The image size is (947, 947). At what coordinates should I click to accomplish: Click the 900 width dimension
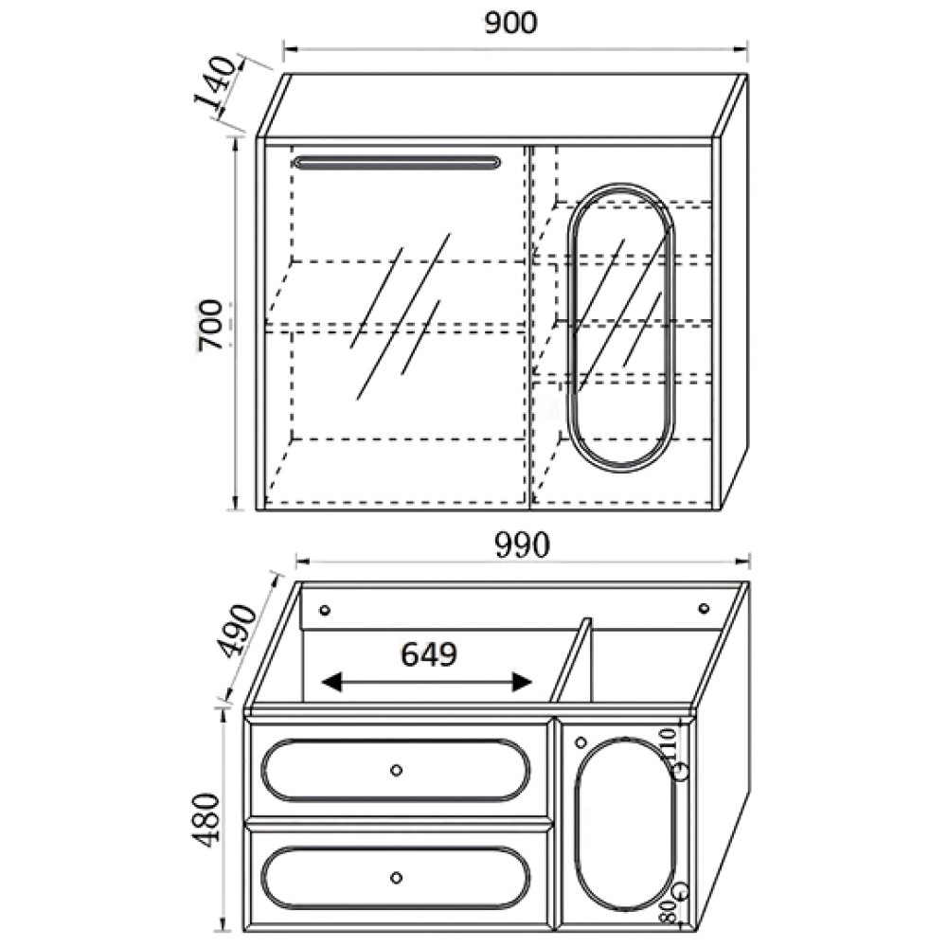(510, 23)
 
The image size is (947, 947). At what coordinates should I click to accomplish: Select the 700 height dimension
(211, 325)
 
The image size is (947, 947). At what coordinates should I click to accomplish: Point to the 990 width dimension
(523, 545)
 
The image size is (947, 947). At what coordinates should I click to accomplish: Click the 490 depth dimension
(241, 631)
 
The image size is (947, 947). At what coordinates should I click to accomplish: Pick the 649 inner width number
(429, 654)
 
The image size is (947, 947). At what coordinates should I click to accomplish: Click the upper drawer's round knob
(396, 770)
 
